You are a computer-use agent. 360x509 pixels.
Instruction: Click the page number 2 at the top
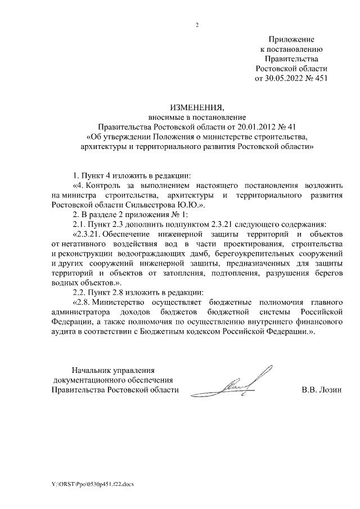[197, 25]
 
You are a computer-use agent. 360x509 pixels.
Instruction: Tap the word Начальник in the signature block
[92, 370]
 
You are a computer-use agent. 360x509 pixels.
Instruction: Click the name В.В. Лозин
[322, 389]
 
